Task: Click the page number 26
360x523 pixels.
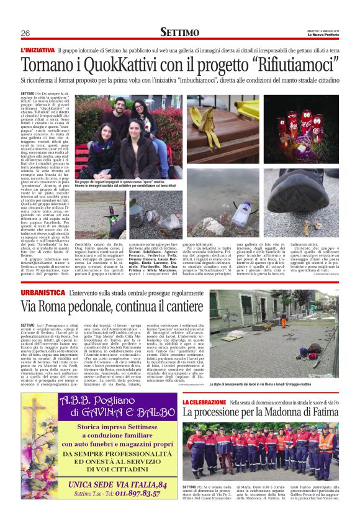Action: click(x=25, y=33)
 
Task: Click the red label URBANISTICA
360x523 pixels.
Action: click(x=43, y=291)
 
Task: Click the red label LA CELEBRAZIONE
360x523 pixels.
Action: click(x=205, y=402)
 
